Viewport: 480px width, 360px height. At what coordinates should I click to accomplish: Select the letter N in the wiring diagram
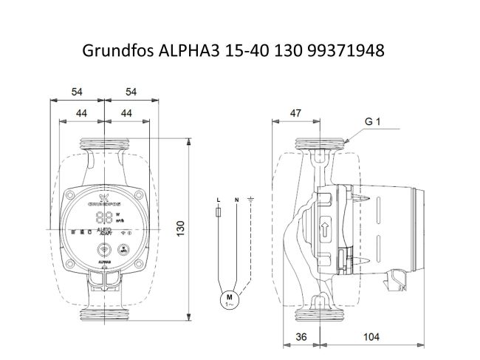(x=236, y=200)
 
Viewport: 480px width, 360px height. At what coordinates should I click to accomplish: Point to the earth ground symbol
(x=251, y=200)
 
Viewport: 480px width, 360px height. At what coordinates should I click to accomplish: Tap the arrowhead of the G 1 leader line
(x=346, y=139)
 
